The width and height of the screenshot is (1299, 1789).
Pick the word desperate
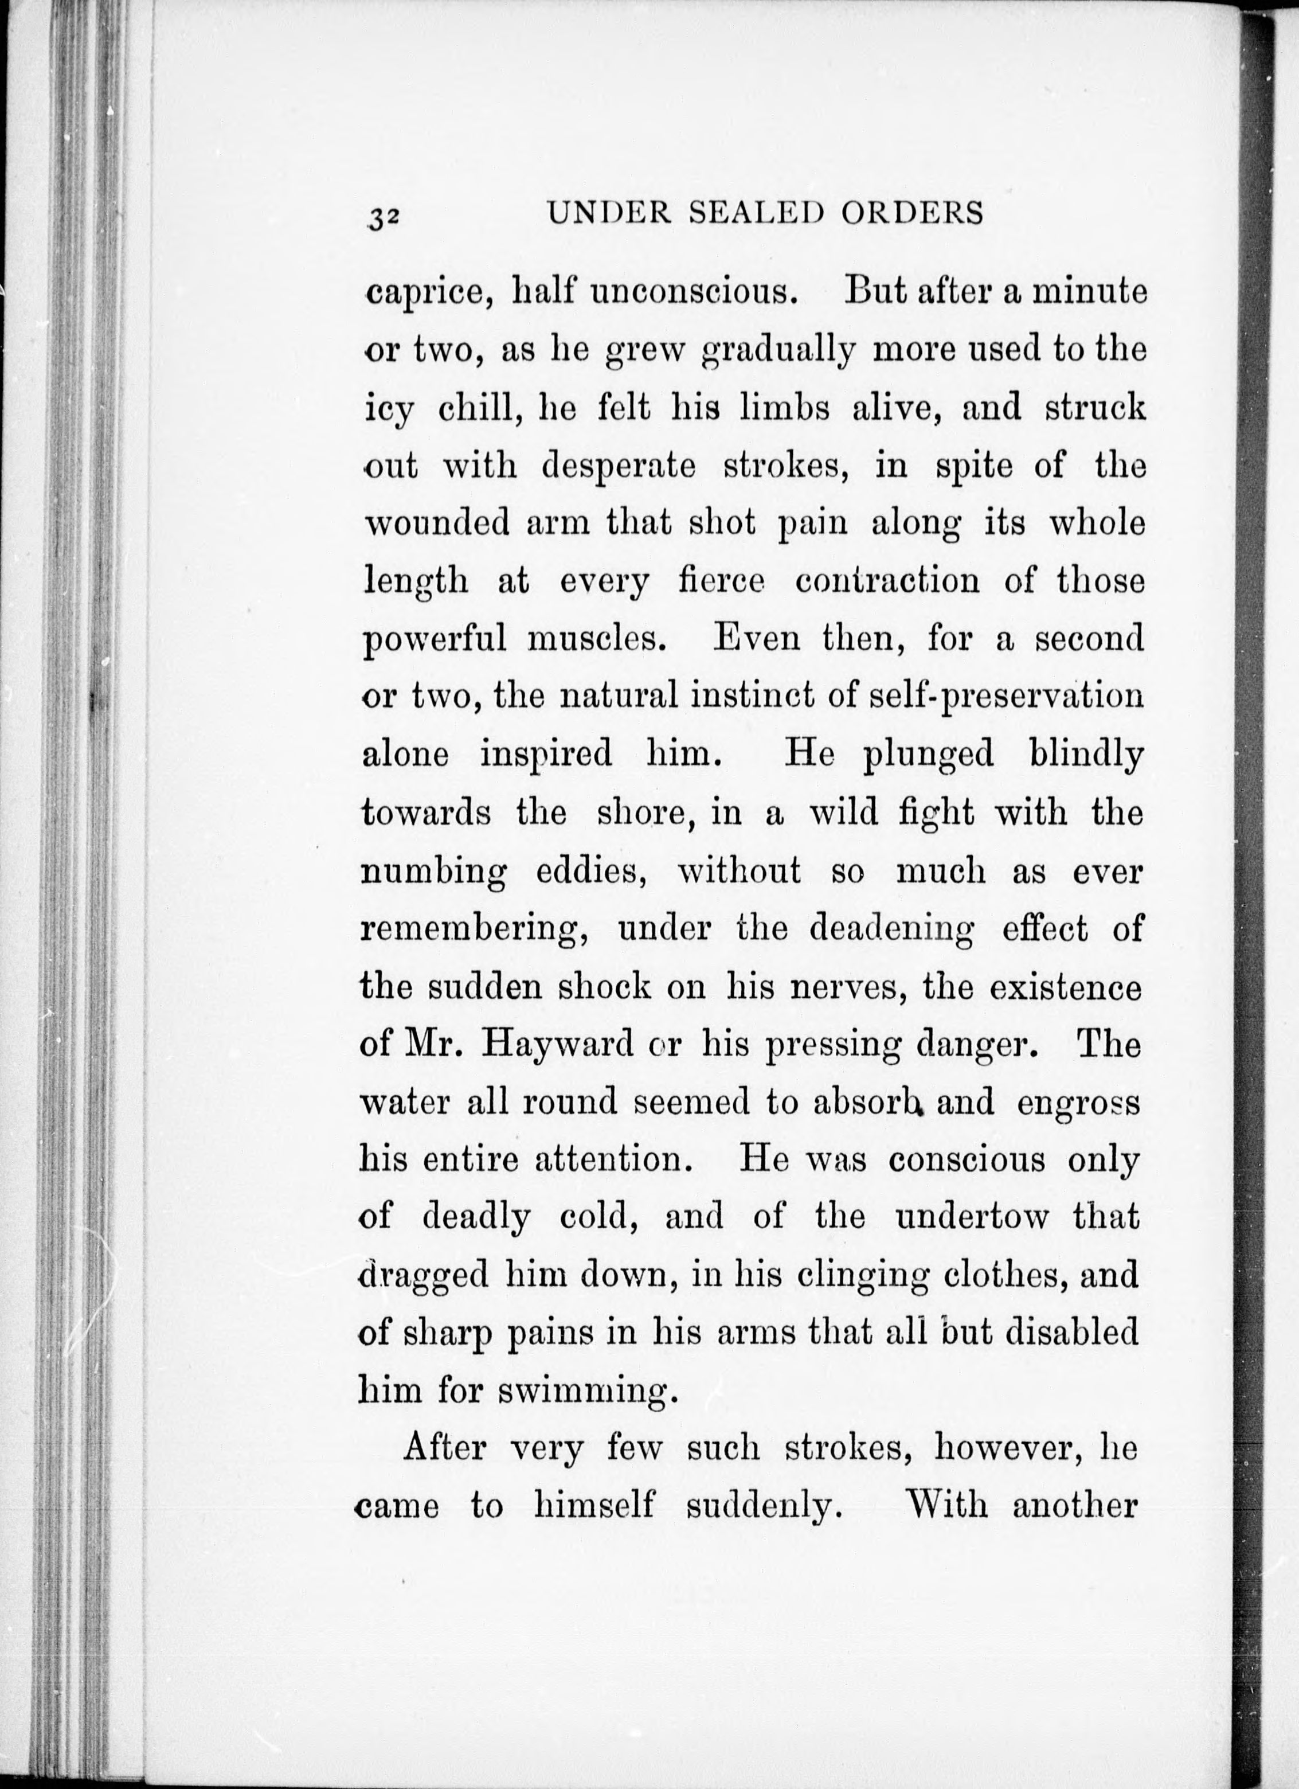619,466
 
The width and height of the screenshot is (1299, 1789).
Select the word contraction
887,581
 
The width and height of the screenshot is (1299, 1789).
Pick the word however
1003,1449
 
